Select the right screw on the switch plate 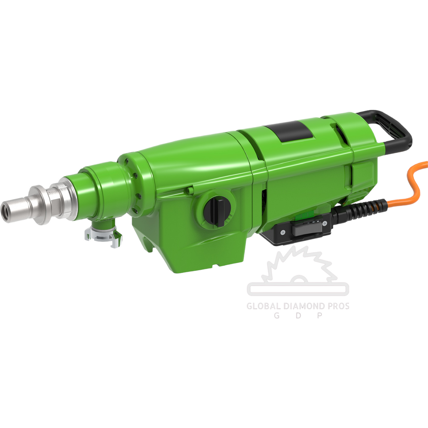(325, 224)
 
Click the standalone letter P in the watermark (318, 316)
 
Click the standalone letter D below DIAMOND (298, 316)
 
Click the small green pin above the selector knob (191, 191)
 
